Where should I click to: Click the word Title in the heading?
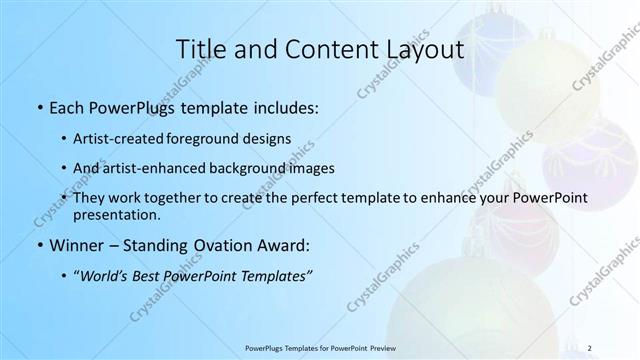coord(199,49)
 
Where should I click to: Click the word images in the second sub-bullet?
coord(309,169)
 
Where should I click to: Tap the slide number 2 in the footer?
coord(590,347)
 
